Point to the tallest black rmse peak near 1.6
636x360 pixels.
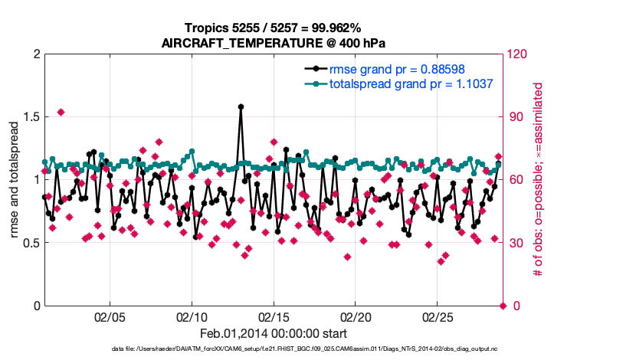[x=241, y=107]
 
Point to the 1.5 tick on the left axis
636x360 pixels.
[x=29, y=117]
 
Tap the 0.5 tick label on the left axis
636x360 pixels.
[x=29, y=243]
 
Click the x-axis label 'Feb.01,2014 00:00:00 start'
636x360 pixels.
[x=273, y=333]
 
